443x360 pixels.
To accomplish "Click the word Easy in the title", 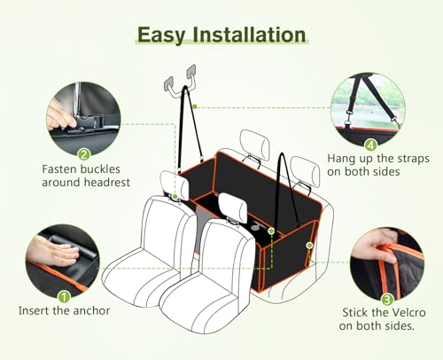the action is click(160, 35).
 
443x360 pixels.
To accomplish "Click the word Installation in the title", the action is click(249, 35).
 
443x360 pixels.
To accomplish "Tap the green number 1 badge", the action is click(64, 296).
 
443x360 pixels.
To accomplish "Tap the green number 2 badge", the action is click(84, 154).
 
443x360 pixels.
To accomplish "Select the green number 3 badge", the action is click(387, 300).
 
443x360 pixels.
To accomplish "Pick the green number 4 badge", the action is click(370, 145).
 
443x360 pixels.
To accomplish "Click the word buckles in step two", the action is click(100, 169).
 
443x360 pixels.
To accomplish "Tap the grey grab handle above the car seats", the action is click(181, 81).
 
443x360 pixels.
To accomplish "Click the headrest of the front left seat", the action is click(175, 185).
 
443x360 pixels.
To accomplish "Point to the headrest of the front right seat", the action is click(233, 207).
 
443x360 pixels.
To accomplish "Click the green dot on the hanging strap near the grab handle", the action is click(195, 106).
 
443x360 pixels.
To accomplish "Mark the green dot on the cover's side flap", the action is click(309, 246).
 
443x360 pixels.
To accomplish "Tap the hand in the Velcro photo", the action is click(375, 248).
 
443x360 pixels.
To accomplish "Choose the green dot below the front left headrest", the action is click(175, 197).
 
